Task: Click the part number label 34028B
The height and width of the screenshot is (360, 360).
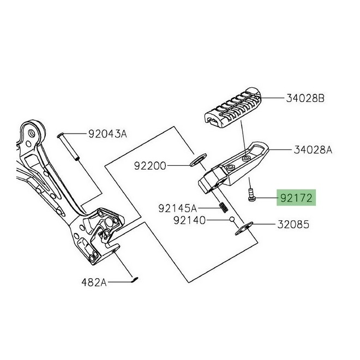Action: (x=305, y=99)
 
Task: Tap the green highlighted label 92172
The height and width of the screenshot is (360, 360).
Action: (x=296, y=198)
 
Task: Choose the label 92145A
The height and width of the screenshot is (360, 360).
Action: (x=177, y=208)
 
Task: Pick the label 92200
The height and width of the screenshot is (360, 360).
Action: (x=151, y=164)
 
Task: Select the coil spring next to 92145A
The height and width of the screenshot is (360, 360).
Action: (x=223, y=207)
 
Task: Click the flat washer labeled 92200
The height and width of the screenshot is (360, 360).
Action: (x=196, y=160)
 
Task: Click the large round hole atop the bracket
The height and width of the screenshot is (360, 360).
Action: (x=36, y=132)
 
